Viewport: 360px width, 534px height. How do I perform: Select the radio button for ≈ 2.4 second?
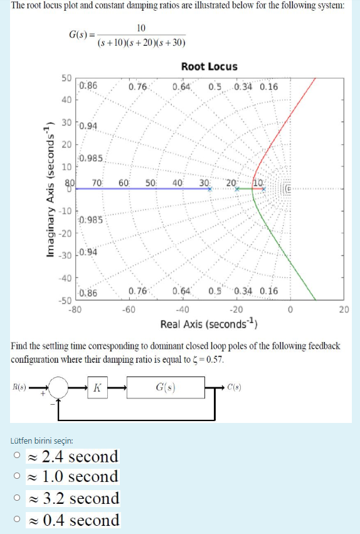(19, 456)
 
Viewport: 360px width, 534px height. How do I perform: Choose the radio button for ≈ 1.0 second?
(19, 477)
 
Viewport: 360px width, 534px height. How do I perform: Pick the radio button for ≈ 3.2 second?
(19, 498)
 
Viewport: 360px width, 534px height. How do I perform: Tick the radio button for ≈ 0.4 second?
(19, 520)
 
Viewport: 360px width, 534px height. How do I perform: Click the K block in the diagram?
(97, 388)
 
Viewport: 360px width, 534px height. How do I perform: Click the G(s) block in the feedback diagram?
(166, 388)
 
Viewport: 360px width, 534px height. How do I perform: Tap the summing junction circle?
(58, 388)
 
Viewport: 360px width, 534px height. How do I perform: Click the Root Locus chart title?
(209, 67)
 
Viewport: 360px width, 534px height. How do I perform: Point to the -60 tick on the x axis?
(128, 310)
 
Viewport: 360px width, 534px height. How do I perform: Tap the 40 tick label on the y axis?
(66, 100)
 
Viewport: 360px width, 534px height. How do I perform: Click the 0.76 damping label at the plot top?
(137, 87)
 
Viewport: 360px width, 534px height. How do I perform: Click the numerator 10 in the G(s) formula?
(141, 28)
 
